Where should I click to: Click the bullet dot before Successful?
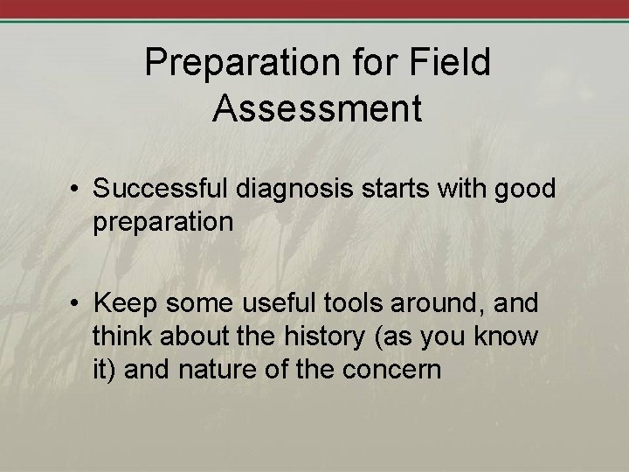(x=78, y=191)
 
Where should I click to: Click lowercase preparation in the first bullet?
(x=163, y=222)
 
